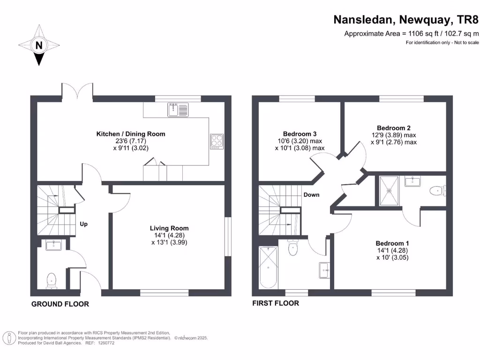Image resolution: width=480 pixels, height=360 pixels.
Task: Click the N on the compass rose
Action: (39, 45)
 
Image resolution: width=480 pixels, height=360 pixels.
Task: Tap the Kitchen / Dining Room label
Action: (131, 134)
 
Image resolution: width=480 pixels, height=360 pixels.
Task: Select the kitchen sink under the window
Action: (177, 110)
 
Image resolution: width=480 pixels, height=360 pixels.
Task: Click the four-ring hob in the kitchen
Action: (217, 141)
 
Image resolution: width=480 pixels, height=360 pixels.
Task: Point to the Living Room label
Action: (169, 229)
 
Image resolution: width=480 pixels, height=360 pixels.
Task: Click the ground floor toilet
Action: (51, 280)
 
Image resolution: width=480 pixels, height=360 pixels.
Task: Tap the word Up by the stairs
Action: (83, 224)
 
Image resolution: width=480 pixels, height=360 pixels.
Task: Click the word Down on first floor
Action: (311, 195)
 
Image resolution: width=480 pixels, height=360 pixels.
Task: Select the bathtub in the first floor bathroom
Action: (268, 268)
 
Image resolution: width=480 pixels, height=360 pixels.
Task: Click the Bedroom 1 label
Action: (392, 243)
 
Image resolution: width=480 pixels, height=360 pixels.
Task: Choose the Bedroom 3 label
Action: (300, 133)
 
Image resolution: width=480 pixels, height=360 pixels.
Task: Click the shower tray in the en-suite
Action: (389, 190)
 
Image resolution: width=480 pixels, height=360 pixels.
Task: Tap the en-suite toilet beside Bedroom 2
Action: (436, 190)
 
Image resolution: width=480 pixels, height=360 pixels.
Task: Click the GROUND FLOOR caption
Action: (60, 304)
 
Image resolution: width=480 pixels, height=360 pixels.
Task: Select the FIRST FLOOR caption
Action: (276, 303)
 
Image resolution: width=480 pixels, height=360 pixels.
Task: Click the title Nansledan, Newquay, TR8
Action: (406, 20)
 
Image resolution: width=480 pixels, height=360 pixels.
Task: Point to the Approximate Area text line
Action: (412, 33)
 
